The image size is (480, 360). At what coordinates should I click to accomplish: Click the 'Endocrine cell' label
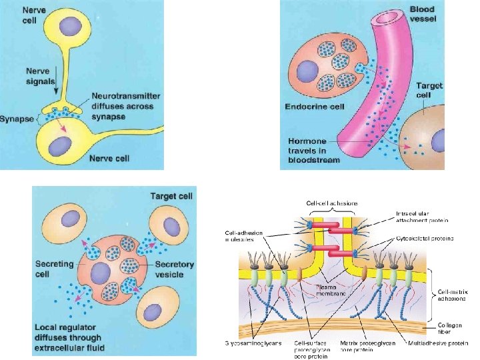click(315, 107)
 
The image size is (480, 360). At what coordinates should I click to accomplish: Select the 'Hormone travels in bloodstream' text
click(313, 151)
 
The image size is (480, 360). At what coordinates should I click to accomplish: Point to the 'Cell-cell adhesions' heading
click(331, 203)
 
